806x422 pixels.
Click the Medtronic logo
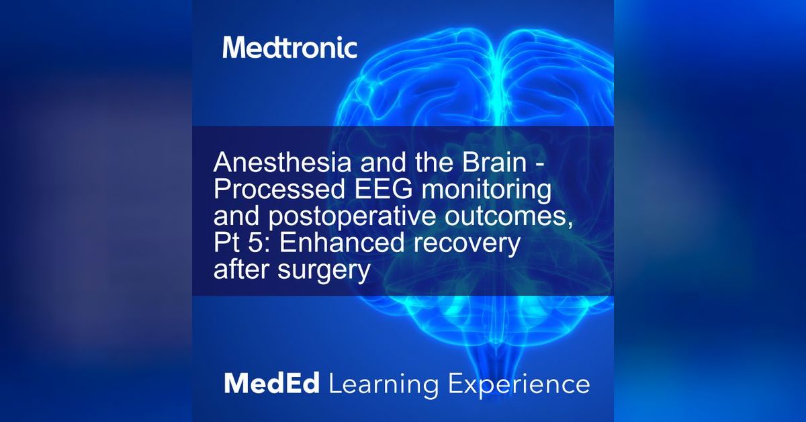[x=290, y=48]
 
